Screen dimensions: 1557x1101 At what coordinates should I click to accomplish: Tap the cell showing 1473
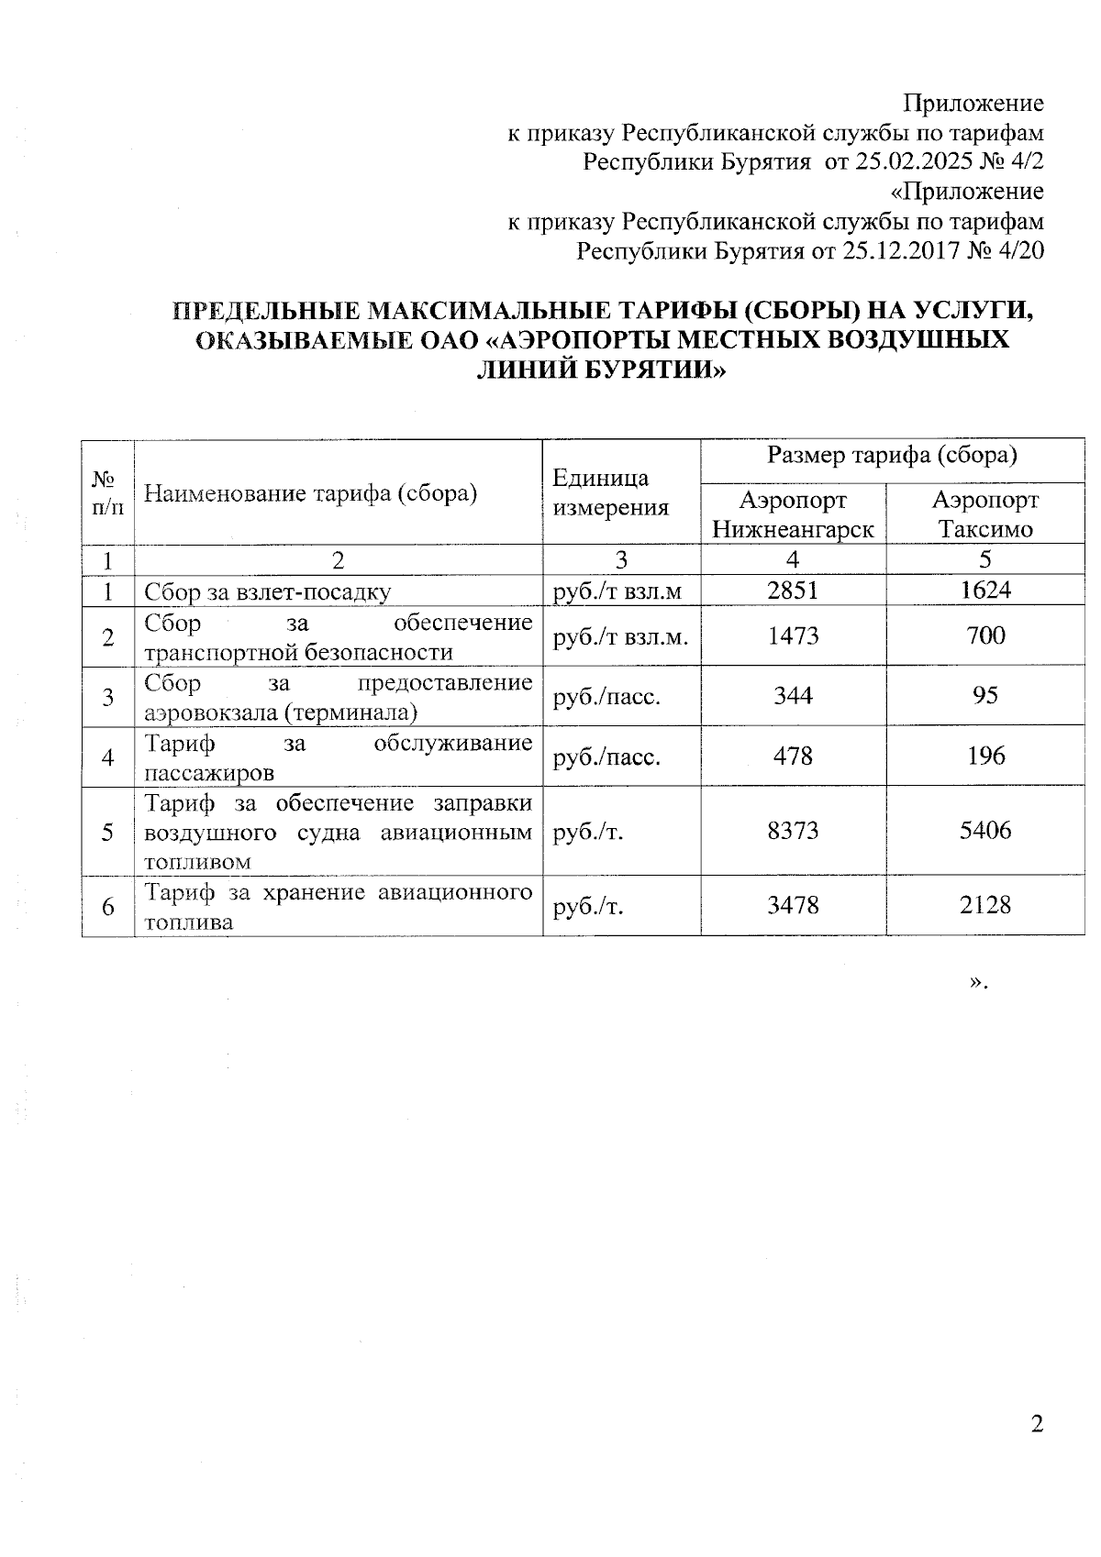pyautogui.click(x=793, y=635)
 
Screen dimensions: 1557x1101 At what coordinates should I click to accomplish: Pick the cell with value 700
pyautogui.click(x=985, y=635)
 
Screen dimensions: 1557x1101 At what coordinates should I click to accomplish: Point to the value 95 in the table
pyautogui.click(x=985, y=695)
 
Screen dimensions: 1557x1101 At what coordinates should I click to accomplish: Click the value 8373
pyautogui.click(x=793, y=831)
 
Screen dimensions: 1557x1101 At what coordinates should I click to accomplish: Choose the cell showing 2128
pyautogui.click(x=985, y=905)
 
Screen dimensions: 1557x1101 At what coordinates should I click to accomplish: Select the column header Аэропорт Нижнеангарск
pyautogui.click(x=793, y=513)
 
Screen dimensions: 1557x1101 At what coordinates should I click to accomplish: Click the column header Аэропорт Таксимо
pyautogui.click(x=985, y=513)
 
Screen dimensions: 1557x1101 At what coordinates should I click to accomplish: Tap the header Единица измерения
pyautogui.click(x=611, y=492)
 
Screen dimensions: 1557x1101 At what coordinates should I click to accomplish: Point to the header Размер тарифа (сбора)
pyautogui.click(x=892, y=456)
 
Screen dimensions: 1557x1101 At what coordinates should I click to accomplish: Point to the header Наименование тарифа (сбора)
pyautogui.click(x=311, y=493)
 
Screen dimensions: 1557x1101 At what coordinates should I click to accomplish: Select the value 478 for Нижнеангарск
pyautogui.click(x=793, y=756)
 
